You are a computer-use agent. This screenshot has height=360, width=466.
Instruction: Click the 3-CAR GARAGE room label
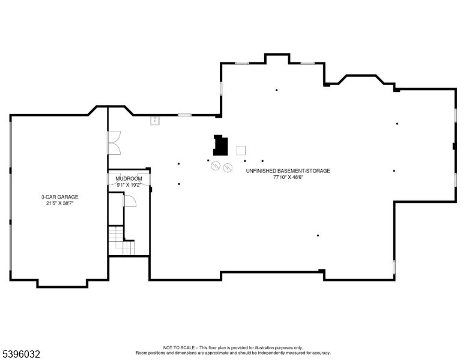click(x=59, y=197)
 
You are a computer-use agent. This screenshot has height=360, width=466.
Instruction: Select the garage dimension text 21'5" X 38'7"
click(x=59, y=203)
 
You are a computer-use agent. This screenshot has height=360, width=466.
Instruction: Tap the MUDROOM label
click(x=129, y=179)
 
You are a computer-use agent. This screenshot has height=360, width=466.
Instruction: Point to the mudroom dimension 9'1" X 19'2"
click(x=129, y=185)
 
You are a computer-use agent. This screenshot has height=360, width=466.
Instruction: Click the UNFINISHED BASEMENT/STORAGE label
click(x=288, y=171)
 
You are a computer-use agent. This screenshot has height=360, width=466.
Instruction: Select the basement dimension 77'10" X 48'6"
click(x=288, y=178)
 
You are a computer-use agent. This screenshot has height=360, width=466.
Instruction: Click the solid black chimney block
click(x=220, y=145)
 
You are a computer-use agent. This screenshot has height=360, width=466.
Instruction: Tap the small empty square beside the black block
click(x=241, y=150)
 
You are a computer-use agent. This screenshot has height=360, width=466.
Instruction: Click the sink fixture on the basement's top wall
click(x=155, y=121)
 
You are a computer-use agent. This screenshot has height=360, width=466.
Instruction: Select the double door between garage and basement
click(x=113, y=144)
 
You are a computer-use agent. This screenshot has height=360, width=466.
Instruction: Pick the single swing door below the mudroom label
click(x=129, y=201)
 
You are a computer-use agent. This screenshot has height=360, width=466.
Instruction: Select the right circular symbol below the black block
click(x=228, y=168)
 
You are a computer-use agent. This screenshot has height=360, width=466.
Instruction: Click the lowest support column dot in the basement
click(x=318, y=236)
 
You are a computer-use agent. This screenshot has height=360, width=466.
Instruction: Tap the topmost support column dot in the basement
click(x=276, y=91)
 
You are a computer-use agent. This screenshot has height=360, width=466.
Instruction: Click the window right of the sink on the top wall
click(x=185, y=115)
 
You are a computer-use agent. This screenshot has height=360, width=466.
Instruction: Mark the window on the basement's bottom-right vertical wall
click(x=394, y=268)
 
